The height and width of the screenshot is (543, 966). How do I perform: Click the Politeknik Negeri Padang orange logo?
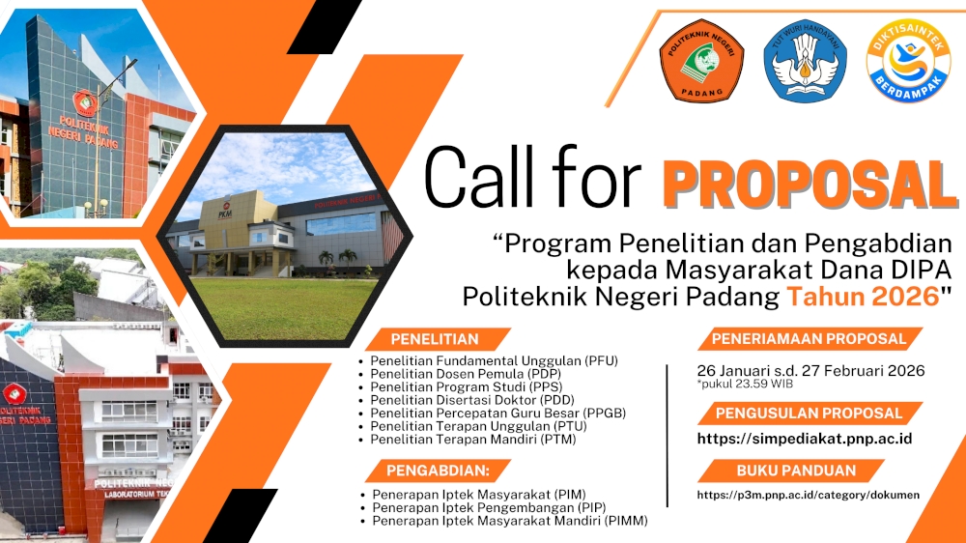(x=701, y=61)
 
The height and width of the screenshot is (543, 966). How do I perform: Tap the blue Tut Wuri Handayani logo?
(x=806, y=61)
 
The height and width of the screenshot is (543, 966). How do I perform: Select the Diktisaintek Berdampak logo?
(x=908, y=61)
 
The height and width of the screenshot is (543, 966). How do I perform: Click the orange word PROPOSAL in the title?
(x=810, y=184)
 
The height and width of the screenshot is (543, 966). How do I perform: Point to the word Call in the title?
(x=479, y=178)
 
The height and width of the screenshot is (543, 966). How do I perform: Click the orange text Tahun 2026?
(x=863, y=297)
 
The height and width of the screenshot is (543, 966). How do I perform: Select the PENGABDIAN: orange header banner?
(x=438, y=471)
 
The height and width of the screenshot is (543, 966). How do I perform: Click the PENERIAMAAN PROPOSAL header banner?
(x=809, y=338)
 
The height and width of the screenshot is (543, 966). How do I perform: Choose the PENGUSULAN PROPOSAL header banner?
(x=809, y=413)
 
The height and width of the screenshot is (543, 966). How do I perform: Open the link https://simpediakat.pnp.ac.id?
(x=805, y=439)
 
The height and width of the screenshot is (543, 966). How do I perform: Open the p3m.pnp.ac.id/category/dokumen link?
(x=809, y=495)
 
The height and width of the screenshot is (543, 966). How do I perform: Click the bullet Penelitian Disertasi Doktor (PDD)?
(x=472, y=400)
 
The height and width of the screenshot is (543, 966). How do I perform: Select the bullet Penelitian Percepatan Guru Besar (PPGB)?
(x=497, y=413)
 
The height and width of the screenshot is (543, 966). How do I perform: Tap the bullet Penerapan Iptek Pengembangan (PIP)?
(x=489, y=508)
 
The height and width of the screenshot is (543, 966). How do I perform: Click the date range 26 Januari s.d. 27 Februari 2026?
(x=810, y=370)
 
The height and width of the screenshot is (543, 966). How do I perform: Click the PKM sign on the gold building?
(x=225, y=211)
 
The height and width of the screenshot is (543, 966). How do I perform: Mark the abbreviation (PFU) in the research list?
(x=601, y=360)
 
